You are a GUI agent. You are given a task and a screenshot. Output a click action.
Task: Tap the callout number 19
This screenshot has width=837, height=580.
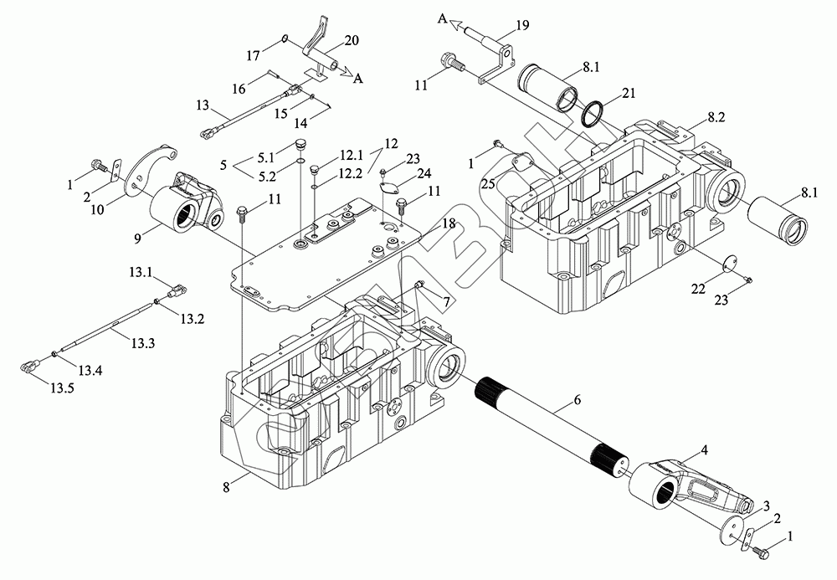click(x=522, y=24)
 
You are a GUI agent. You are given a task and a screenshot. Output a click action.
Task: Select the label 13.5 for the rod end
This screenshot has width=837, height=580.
click(x=63, y=388)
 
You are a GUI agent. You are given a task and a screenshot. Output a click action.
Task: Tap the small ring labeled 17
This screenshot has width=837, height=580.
click(x=285, y=38)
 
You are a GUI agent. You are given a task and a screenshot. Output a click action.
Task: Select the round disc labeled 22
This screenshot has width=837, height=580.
click(x=728, y=264)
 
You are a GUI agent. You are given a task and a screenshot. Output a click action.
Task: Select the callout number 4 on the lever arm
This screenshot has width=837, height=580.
click(x=705, y=449)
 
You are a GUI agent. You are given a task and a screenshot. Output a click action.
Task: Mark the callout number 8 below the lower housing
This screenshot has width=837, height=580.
click(x=226, y=486)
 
